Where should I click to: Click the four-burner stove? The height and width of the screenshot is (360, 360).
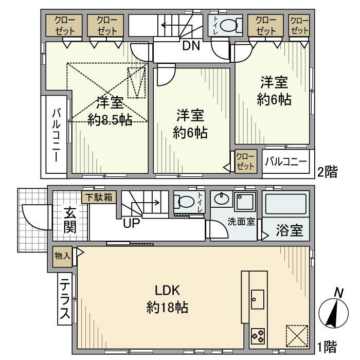click(x=258, y=336)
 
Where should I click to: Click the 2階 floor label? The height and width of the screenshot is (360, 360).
click(x=327, y=172)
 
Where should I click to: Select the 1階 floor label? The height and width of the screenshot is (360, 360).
click(x=327, y=347)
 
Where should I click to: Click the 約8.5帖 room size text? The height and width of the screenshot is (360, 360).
click(x=110, y=120)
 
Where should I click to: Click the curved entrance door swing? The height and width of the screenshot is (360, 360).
click(x=34, y=219)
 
